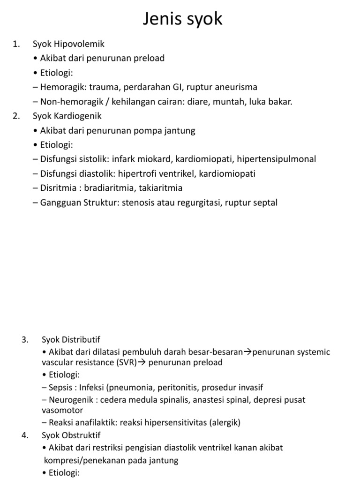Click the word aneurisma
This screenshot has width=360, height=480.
235,87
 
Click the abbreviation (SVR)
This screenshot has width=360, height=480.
126,362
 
